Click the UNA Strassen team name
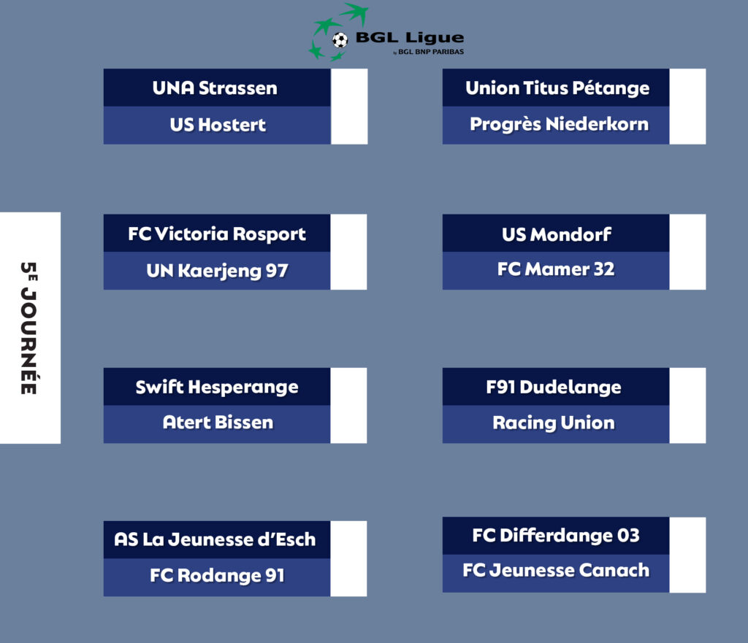(x=215, y=88)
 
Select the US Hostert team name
(x=218, y=125)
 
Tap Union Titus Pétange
(x=557, y=88)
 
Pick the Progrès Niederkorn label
(x=559, y=124)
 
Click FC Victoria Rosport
(x=216, y=234)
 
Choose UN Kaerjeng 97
(x=217, y=271)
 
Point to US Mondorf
(x=556, y=234)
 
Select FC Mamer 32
(x=556, y=269)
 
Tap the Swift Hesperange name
(x=216, y=387)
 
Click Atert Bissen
(x=218, y=423)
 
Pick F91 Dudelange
(x=554, y=387)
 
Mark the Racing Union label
(x=554, y=423)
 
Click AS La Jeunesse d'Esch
(x=215, y=539)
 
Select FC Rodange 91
(x=217, y=576)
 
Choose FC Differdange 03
(x=556, y=536)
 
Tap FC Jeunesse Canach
(x=556, y=571)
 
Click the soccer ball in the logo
(x=340, y=40)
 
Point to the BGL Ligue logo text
(x=410, y=38)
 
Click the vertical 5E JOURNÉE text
(x=28, y=328)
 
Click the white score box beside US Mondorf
(x=687, y=252)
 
